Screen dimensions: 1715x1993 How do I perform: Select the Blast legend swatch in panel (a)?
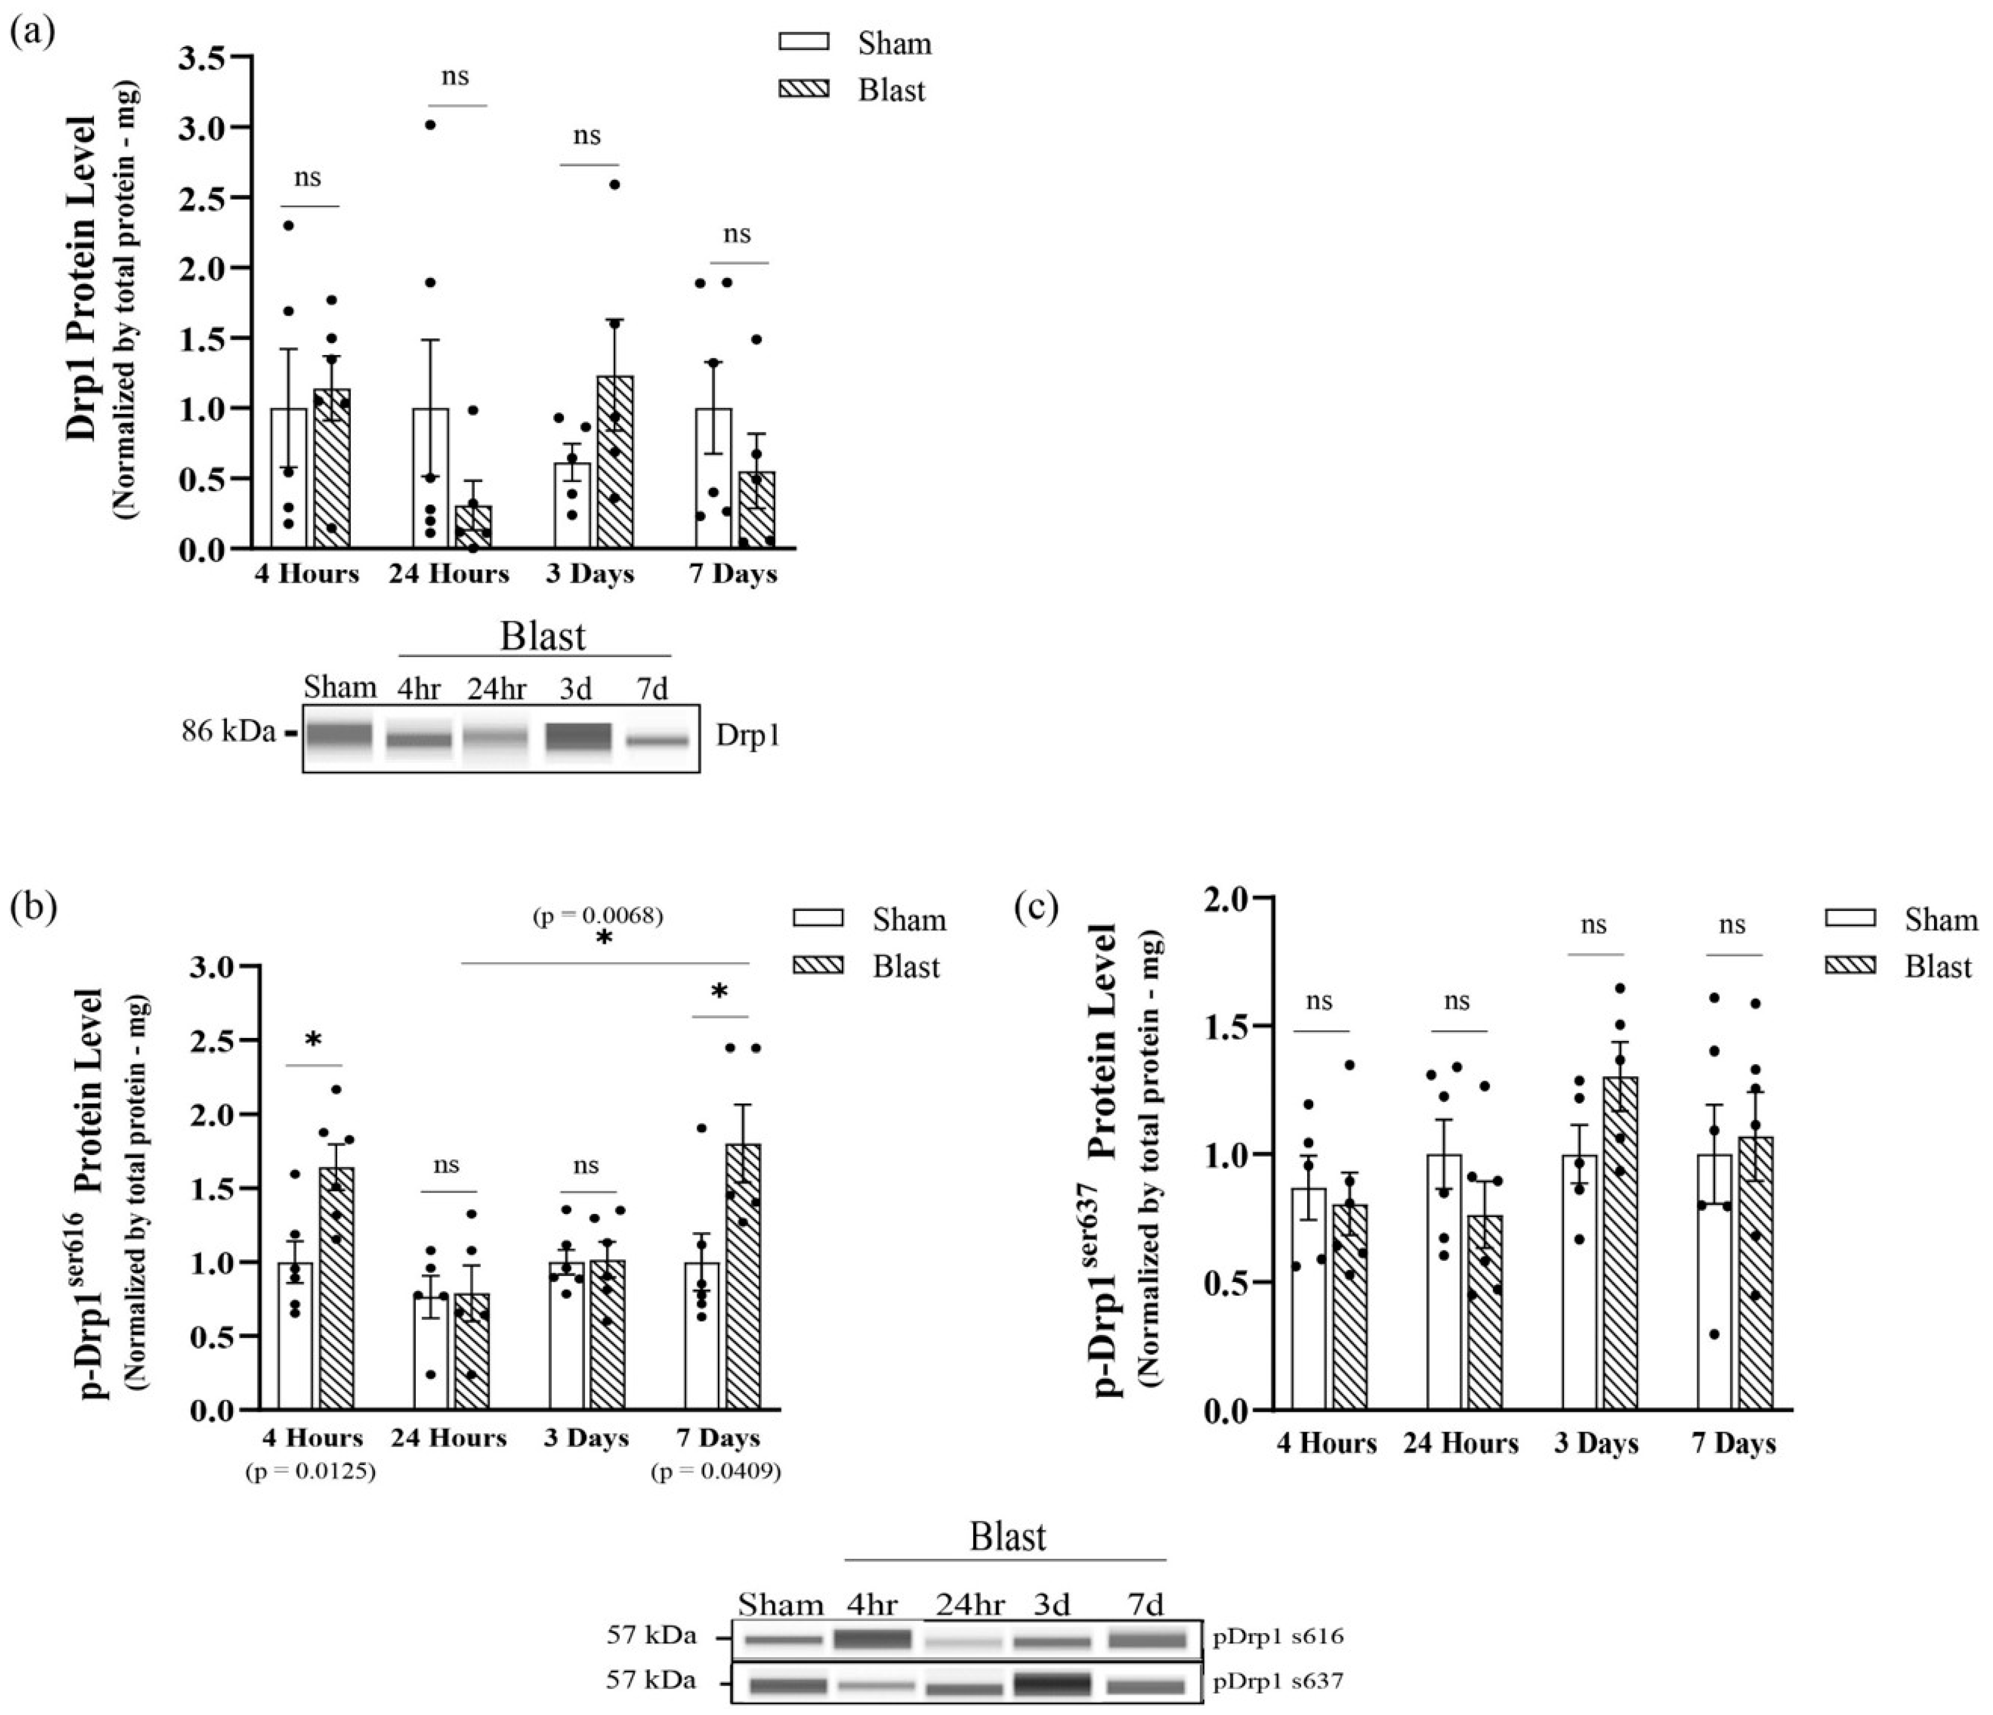click(x=804, y=90)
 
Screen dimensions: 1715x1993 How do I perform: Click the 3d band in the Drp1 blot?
click(x=578, y=737)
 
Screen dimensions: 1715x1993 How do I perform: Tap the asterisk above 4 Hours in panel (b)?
click(x=313, y=1041)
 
